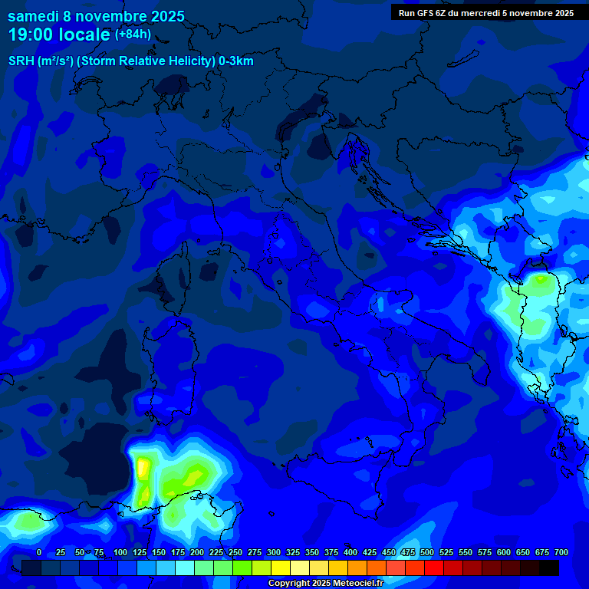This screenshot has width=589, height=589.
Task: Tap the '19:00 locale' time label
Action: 60,35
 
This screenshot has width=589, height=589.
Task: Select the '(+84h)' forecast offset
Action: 133,35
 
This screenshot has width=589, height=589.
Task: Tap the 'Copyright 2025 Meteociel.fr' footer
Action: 325,583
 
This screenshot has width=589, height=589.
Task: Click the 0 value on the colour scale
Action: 39,552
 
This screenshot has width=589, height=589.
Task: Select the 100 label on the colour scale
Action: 120,552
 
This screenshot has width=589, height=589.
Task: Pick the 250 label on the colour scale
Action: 235,552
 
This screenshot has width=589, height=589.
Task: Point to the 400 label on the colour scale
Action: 350,552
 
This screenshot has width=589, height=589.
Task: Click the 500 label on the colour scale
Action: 427,552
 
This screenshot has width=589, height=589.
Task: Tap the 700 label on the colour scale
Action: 561,552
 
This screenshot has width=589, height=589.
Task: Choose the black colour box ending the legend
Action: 549,568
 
